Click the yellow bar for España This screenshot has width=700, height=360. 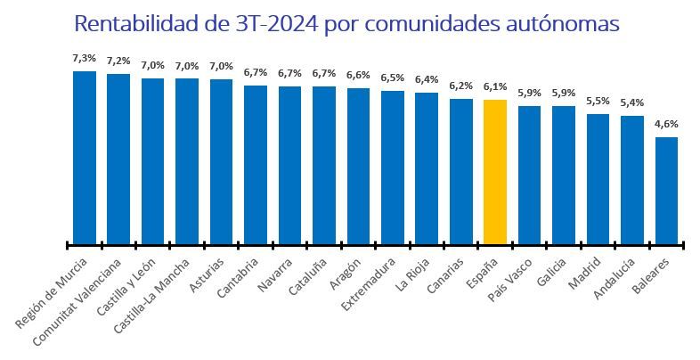point(495,171)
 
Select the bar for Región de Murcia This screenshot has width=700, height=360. point(84,157)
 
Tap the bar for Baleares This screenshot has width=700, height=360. point(666,190)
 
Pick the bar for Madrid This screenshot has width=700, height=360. point(598,178)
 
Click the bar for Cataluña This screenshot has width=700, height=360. point(323,165)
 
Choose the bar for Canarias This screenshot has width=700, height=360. point(460,171)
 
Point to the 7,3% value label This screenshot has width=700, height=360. point(84,58)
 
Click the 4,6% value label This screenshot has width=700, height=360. point(666,124)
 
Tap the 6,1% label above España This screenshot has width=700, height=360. point(495,86)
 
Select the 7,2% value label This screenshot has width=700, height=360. point(118,61)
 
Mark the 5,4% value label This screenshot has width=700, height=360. point(632,102)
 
